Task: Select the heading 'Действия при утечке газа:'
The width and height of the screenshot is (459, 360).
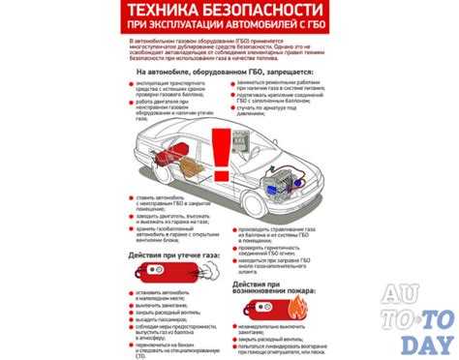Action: (x=174, y=255)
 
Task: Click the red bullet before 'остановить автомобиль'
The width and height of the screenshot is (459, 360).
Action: (x=131, y=290)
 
